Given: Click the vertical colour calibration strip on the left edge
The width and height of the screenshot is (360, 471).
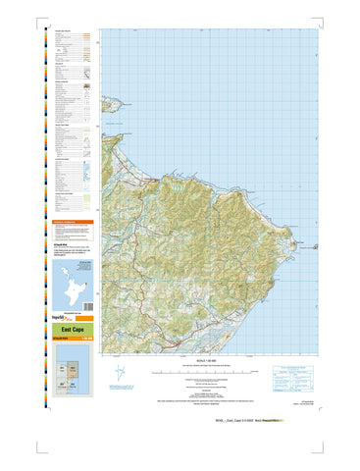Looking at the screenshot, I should [39, 196].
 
